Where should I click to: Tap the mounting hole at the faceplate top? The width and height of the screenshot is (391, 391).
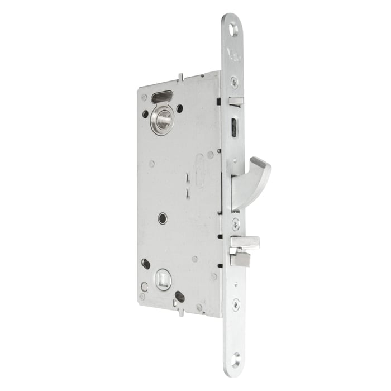pos(233,26)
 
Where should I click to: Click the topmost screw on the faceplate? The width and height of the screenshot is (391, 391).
pos(234,82)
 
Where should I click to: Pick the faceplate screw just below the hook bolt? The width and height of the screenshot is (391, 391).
pos(236,223)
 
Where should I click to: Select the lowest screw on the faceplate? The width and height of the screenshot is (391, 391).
pos(237,304)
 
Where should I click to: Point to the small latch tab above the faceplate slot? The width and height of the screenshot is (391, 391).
pos(236,101)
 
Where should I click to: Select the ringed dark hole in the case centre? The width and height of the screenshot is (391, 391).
pos(162,218)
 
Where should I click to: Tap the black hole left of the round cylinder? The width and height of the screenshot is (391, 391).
pos(145,114)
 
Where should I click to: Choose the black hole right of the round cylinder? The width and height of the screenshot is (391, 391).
pos(179,108)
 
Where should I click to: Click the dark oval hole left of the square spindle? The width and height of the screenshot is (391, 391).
pos(146,263)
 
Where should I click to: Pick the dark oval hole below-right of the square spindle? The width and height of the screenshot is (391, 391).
pos(180,297)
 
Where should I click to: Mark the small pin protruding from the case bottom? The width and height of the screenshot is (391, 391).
pos(180,313)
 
